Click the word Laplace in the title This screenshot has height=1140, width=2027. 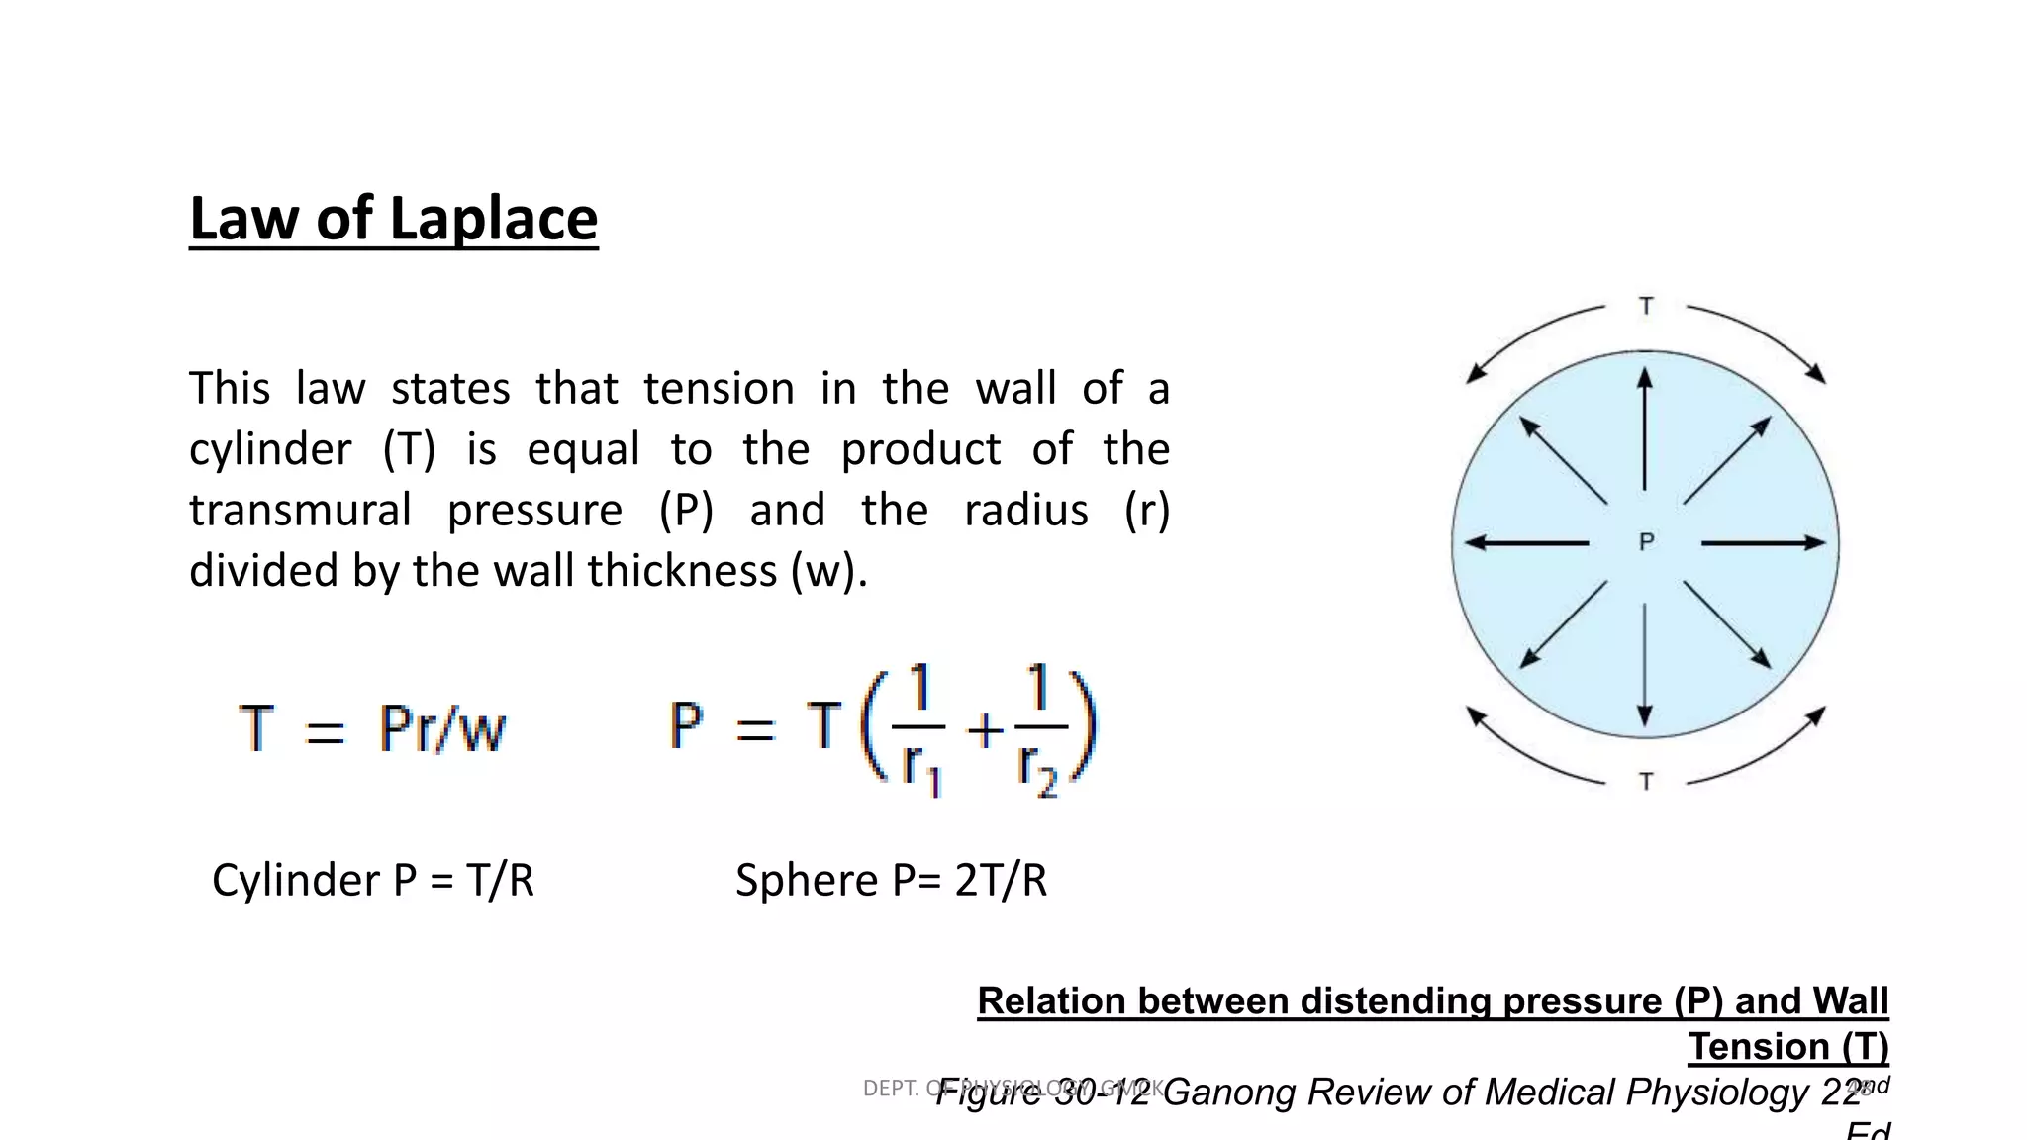494,220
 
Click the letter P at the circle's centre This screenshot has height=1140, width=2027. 1646,542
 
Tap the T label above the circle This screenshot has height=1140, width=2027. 1646,306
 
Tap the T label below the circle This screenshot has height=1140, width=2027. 1646,782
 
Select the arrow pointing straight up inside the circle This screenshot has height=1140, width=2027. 1645,428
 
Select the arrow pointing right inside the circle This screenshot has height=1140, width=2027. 1763,542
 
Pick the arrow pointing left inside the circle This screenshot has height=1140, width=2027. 1526,542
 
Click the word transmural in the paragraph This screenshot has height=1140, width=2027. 300,511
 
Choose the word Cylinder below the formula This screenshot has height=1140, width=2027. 296,880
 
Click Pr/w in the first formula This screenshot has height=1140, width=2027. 442,729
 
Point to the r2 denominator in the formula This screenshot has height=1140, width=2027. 1037,768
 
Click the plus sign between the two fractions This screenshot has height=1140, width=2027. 985,731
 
